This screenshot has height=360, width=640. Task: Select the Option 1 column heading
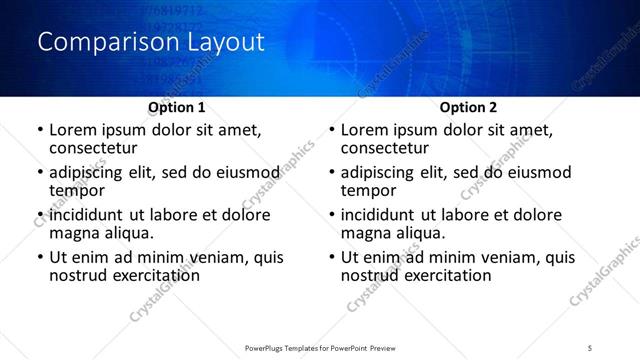click(177, 107)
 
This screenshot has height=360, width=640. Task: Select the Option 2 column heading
click(469, 107)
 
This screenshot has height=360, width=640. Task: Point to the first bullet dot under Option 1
click(39, 130)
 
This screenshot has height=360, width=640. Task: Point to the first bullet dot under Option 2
click(332, 130)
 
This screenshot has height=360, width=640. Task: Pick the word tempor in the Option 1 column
click(77, 191)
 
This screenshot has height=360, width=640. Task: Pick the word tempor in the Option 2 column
click(369, 191)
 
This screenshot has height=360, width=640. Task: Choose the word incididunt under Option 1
click(95, 215)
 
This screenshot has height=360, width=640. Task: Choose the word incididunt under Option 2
click(387, 215)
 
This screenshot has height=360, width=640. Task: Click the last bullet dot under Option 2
click(332, 257)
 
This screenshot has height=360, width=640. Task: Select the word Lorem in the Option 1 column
click(73, 130)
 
